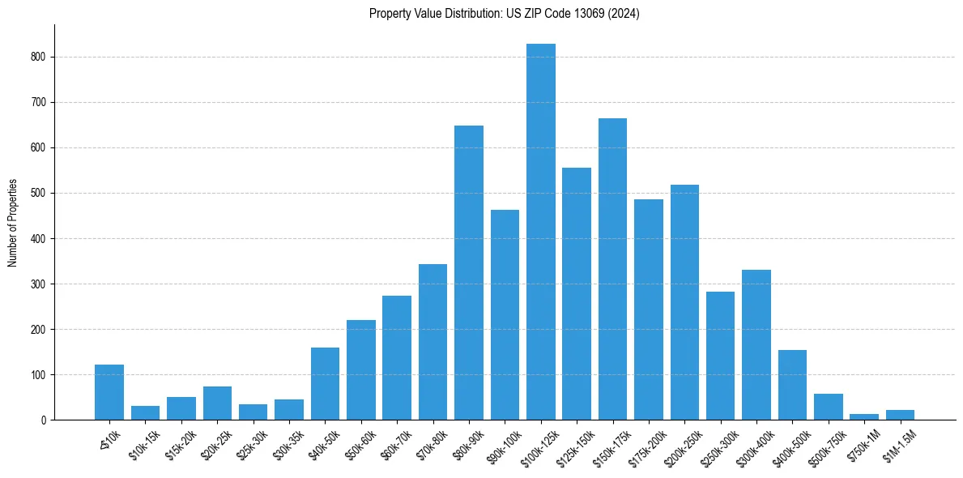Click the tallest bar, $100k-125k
541,232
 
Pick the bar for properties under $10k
109,392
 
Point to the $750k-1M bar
864,416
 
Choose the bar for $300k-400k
756,344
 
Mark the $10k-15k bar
146,412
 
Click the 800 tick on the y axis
40,58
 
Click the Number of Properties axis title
12,223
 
